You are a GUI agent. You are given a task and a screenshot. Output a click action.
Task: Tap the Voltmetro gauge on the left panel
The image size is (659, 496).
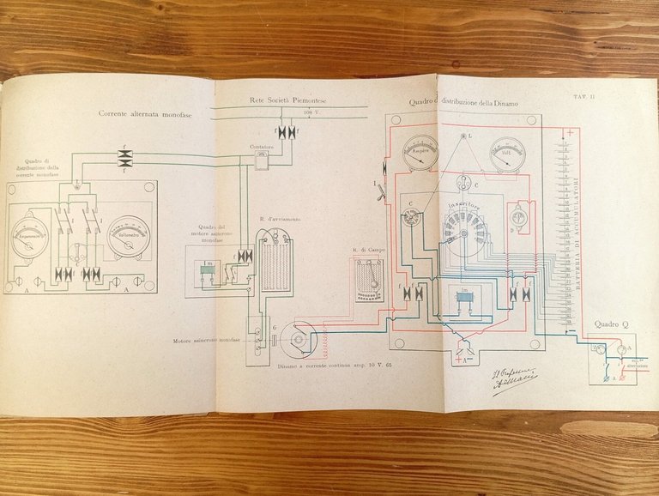point(129,233)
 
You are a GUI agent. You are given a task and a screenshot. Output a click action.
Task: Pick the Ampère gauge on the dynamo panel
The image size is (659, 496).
point(419,152)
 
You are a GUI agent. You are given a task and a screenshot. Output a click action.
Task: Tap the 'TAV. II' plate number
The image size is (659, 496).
point(586,98)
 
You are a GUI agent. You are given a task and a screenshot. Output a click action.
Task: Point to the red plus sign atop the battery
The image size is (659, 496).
point(568,133)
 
